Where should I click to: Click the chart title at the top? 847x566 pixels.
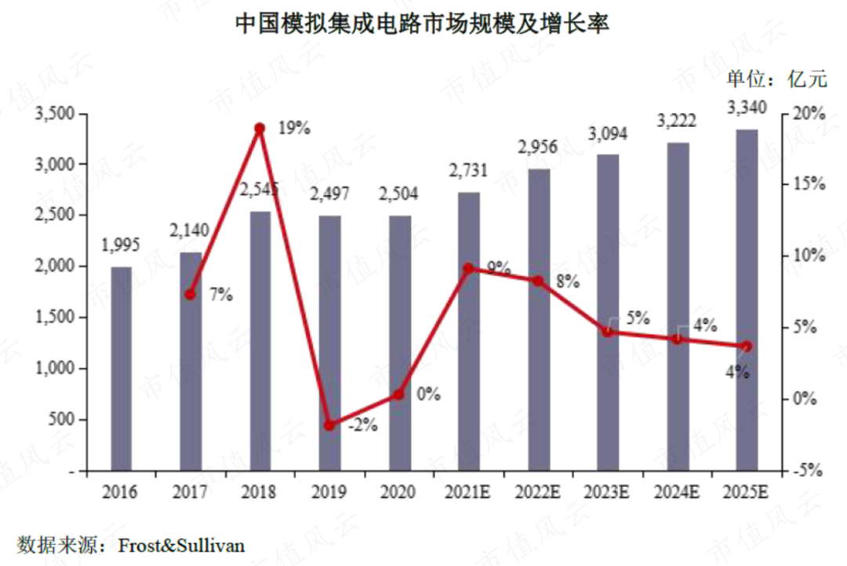[423, 24]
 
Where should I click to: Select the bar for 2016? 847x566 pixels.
[121, 368]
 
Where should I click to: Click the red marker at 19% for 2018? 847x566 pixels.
[260, 128]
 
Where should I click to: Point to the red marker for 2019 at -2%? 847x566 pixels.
[329, 425]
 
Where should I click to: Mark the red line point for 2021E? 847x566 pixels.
[469, 268]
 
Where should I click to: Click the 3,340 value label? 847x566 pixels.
[747, 107]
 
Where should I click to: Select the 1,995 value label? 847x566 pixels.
[121, 245]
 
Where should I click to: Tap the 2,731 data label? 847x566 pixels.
[469, 170]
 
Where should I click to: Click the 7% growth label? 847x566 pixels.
[221, 296]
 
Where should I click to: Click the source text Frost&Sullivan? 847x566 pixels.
[181, 544]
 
